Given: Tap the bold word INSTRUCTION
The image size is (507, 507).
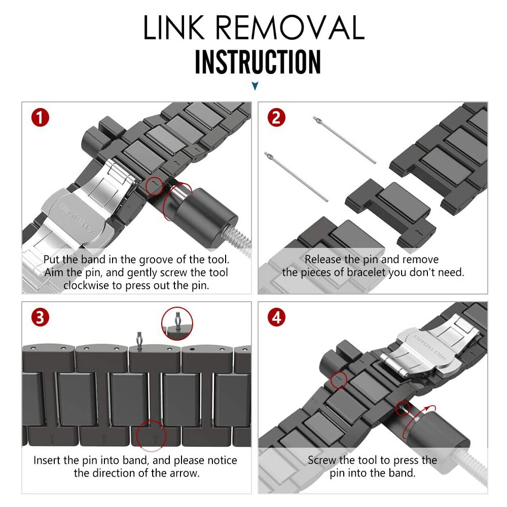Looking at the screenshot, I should click(x=258, y=62).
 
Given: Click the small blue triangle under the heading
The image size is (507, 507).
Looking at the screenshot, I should click(x=255, y=87).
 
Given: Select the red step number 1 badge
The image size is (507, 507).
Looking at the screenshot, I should click(x=40, y=118).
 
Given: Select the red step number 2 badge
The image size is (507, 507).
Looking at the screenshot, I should click(x=276, y=118).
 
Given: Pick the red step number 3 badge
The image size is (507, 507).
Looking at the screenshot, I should click(x=40, y=317).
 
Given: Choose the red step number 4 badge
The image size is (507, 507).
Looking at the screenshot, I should click(x=276, y=317).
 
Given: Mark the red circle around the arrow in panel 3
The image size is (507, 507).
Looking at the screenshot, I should click(x=152, y=436).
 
